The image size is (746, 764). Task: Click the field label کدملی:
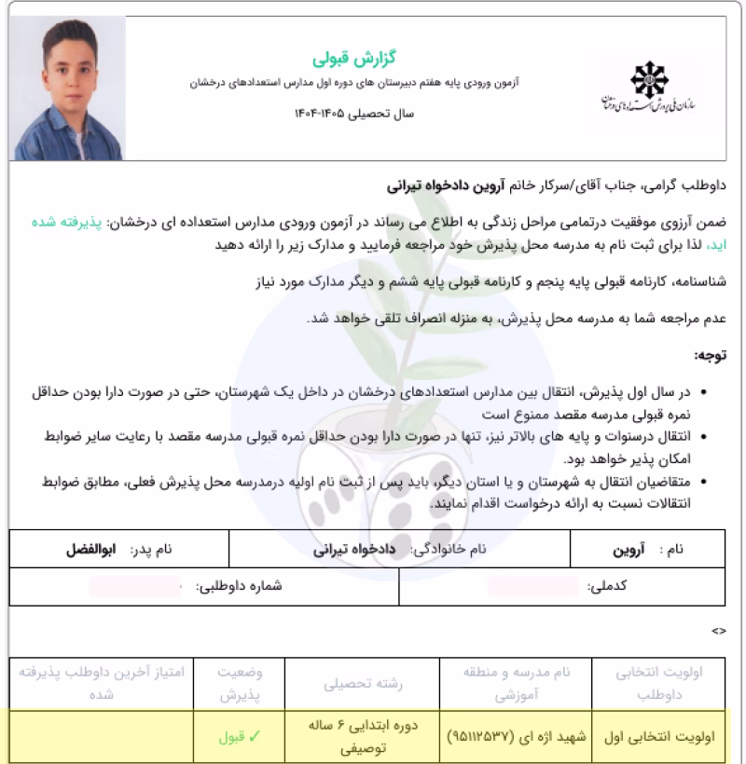[609, 588]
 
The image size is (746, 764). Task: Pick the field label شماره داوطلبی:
[238, 588]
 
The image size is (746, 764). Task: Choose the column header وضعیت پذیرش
[239, 683]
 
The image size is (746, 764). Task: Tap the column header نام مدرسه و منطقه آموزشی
[517, 683]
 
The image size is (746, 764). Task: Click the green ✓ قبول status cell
[239, 736]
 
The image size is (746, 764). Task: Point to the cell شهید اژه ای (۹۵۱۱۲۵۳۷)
[517, 736]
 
